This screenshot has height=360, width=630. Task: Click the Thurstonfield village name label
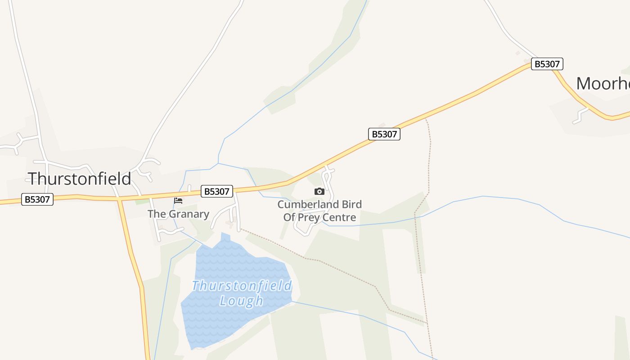coord(79,179)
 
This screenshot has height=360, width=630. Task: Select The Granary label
coord(178,214)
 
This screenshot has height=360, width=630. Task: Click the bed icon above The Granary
coord(178,200)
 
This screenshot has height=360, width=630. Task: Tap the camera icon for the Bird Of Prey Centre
coord(319,192)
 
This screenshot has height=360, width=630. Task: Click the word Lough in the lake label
coord(241,301)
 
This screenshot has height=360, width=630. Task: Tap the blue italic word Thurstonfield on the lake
coord(242,286)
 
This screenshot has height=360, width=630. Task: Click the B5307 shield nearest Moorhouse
coord(547,64)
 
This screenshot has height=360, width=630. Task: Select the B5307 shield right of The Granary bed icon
coord(217,191)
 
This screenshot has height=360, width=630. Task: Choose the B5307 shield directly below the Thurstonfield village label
coord(37,199)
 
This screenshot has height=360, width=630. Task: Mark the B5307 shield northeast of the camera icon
coord(384,134)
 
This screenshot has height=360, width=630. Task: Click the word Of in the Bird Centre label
coord(289,218)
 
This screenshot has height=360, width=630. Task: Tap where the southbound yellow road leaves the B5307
coord(120,199)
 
